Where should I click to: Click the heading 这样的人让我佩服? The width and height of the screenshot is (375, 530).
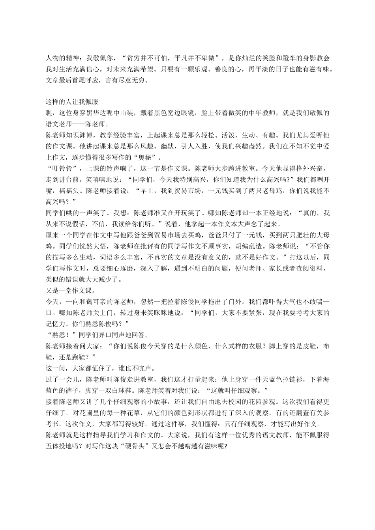[69, 101]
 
